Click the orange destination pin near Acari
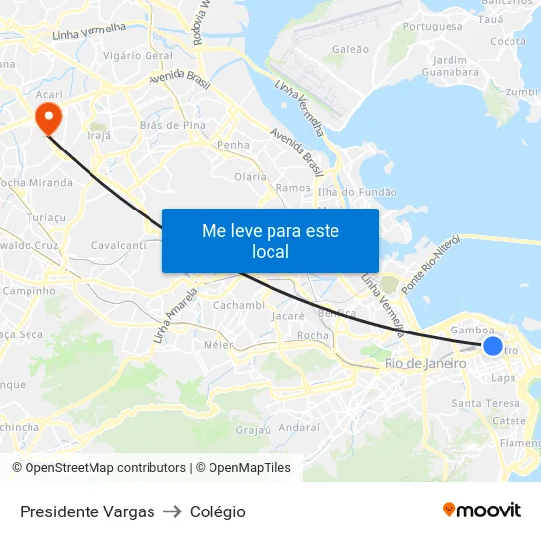pyautogui.click(x=47, y=118)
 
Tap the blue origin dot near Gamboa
pyautogui.click(x=493, y=346)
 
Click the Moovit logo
pyautogui.click(x=481, y=511)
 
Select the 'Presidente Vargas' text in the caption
pyautogui.click(x=88, y=511)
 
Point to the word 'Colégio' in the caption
pyautogui.click(x=217, y=511)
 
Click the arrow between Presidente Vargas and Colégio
pyautogui.click(x=172, y=511)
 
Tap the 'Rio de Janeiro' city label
pyautogui.click(x=425, y=364)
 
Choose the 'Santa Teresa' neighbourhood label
pyautogui.click(x=485, y=403)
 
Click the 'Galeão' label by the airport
pyautogui.click(x=351, y=49)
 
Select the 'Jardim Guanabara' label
pyautogui.click(x=449, y=66)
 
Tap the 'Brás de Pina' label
pyautogui.click(x=172, y=125)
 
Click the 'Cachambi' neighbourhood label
pyautogui.click(x=240, y=305)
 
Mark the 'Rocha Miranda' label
pyautogui.click(x=36, y=182)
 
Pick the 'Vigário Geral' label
pyautogui.click(x=138, y=56)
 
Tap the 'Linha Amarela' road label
pyautogui.click(x=176, y=315)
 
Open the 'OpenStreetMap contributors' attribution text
pyautogui.click(x=105, y=468)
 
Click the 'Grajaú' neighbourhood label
pyautogui.click(x=253, y=430)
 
